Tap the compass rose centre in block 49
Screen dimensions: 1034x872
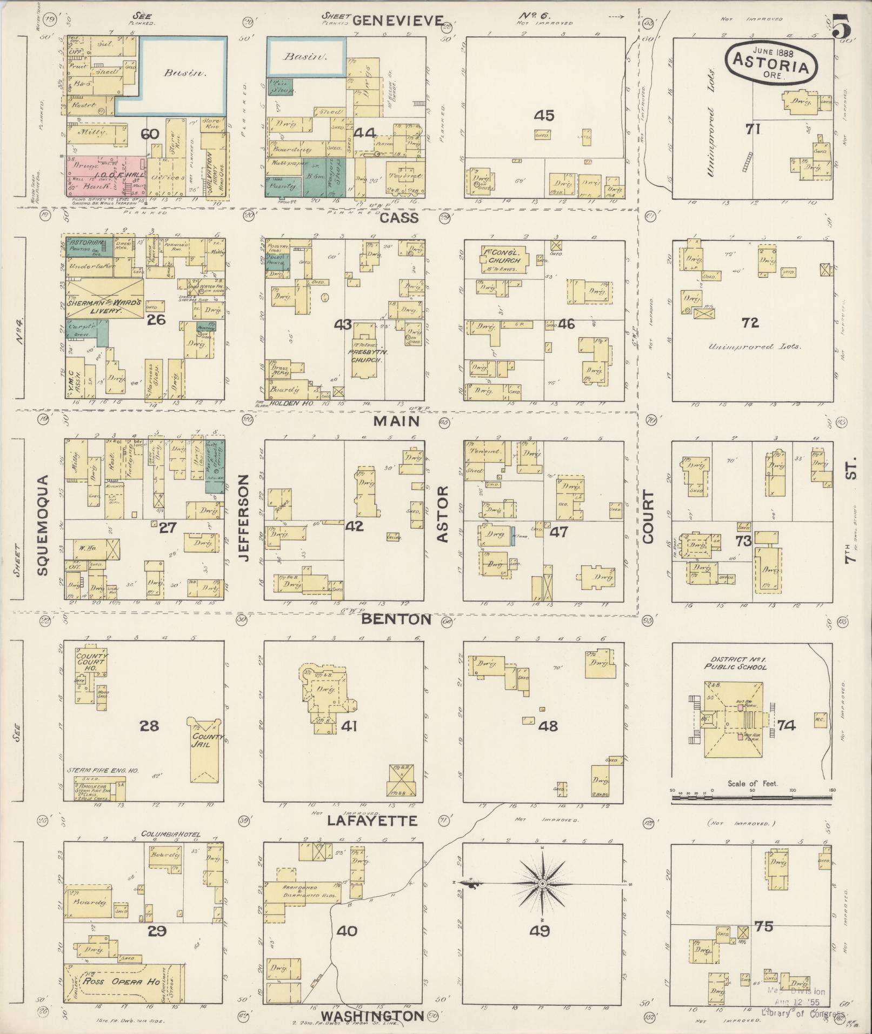[542, 884]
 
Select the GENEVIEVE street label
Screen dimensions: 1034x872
[398, 21]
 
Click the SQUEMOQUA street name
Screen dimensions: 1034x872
[43, 525]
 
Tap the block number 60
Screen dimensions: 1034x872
[150, 134]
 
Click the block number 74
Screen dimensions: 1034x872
[787, 725]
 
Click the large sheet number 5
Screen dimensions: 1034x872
[844, 25]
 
